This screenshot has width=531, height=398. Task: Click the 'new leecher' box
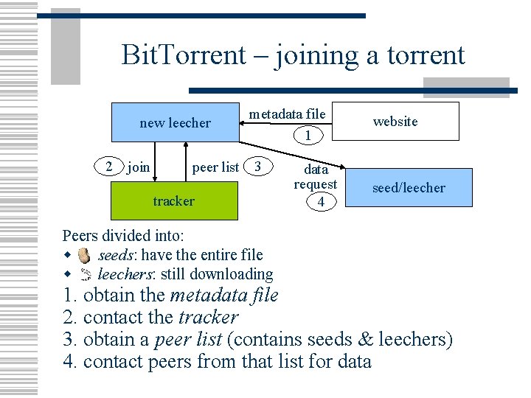pos(175,122)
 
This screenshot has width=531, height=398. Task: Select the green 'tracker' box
pos(174,200)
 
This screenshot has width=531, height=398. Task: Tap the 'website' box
pos(395,121)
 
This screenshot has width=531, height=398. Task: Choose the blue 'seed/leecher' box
pos(409,188)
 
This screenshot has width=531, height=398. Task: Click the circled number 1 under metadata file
pos(308,135)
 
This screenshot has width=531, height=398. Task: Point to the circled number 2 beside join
pos(109,167)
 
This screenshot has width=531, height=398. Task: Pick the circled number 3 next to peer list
pos(257,166)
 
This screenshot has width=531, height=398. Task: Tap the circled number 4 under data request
pos(320,201)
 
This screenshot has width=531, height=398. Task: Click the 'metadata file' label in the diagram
pos(287,114)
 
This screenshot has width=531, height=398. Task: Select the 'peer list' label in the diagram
pos(215,167)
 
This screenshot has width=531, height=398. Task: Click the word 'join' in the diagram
pos(138,167)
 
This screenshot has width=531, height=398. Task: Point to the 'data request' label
pos(316,176)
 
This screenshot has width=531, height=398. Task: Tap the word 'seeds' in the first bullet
pos(116,255)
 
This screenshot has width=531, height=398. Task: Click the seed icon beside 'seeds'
pos(85,256)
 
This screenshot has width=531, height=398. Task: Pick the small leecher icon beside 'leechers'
pos(85,275)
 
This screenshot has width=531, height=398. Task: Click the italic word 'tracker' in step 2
pos(209,318)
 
